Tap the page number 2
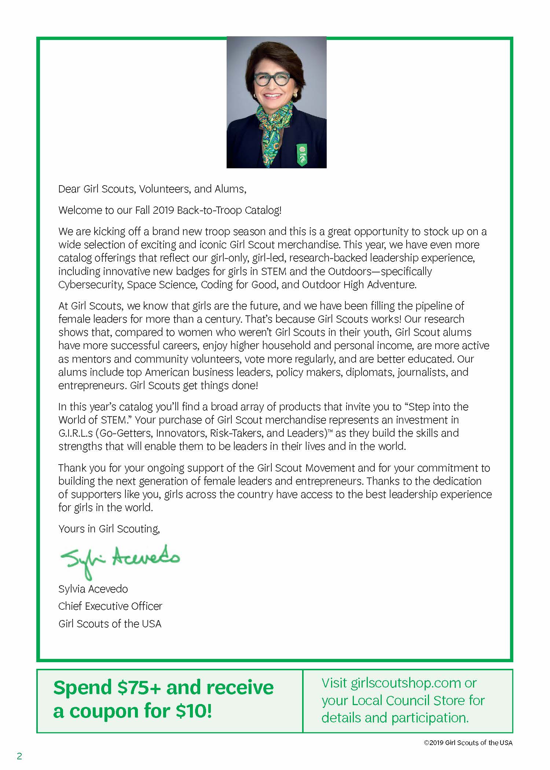pyautogui.click(x=19, y=756)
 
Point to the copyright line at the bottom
pyautogui.click(x=468, y=743)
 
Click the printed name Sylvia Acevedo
pyautogui.click(x=93, y=589)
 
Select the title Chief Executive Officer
pyautogui.click(x=110, y=606)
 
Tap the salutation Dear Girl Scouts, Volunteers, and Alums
pyautogui.click(x=152, y=189)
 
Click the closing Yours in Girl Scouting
pyautogui.click(x=109, y=528)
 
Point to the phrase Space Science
pyautogui.click(x=162, y=285)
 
